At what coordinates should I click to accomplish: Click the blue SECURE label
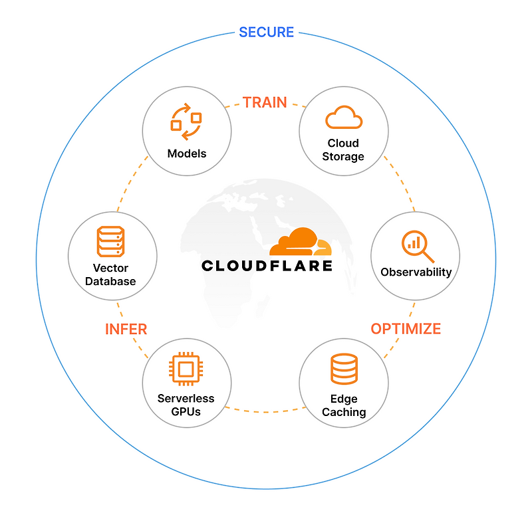pyautogui.click(x=266, y=32)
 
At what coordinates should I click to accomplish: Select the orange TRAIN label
pyautogui.click(x=265, y=102)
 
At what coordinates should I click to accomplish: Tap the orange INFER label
pyautogui.click(x=126, y=329)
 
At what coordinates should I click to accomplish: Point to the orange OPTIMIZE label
pyautogui.click(x=406, y=328)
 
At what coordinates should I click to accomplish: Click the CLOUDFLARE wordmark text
pyautogui.click(x=267, y=266)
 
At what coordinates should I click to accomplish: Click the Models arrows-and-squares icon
pyautogui.click(x=186, y=121)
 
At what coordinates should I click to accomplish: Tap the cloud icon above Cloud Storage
pyautogui.click(x=344, y=118)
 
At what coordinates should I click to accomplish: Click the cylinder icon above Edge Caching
pyautogui.click(x=344, y=369)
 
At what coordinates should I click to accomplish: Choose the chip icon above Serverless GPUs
pyautogui.click(x=186, y=369)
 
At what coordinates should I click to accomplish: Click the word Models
pyautogui.click(x=187, y=154)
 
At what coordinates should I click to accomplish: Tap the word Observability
pyautogui.click(x=416, y=272)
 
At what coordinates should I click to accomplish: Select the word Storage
pyautogui.click(x=343, y=157)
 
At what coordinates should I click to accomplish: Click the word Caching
pyautogui.click(x=344, y=412)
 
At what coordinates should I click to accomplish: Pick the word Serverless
pyautogui.click(x=186, y=399)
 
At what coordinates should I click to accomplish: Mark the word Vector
pyautogui.click(x=110, y=268)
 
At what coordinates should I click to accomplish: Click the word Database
pyautogui.click(x=110, y=281)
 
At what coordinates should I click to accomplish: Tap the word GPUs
pyautogui.click(x=186, y=411)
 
